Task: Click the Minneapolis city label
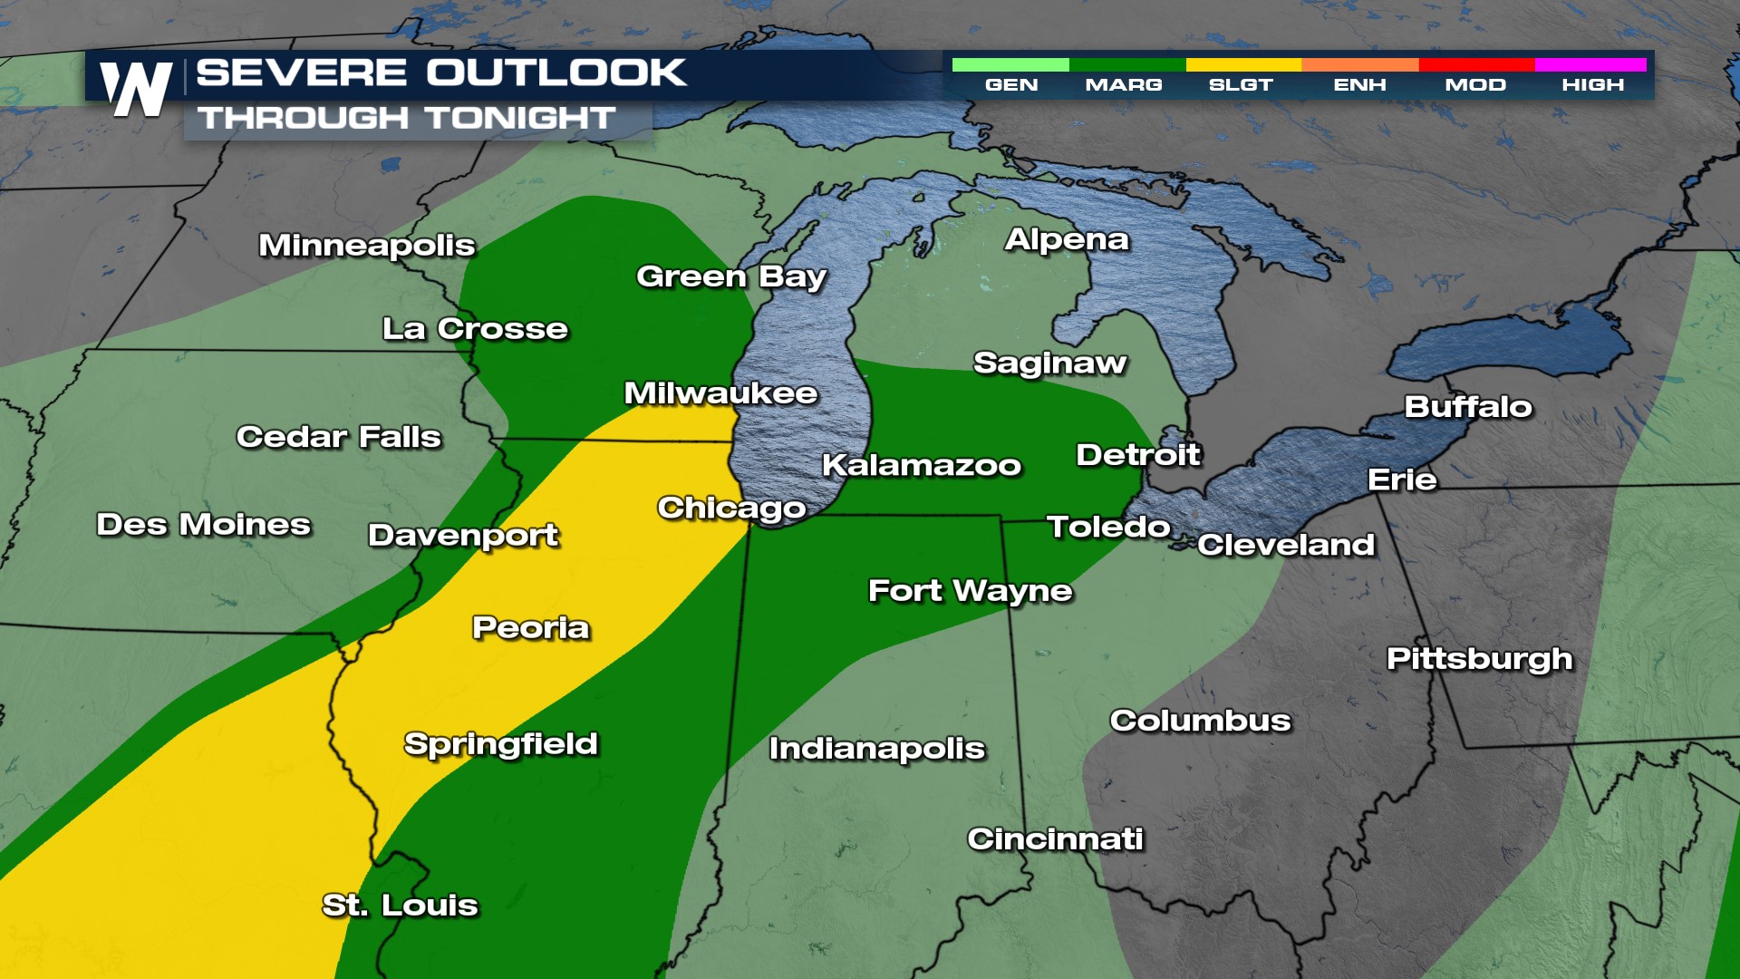366,246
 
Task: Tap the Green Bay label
730,276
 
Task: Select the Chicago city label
731,509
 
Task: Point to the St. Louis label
400,905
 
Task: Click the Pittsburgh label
1479,659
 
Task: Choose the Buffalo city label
1468,407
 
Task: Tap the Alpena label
1067,239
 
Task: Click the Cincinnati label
1055,839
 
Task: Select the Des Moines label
203,524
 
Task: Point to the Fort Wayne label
970,591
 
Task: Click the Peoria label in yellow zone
530,627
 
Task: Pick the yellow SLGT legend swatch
1243,64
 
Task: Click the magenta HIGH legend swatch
1590,64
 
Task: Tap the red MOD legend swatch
1475,64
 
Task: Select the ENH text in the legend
1359,85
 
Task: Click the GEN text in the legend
1011,85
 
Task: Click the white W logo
136,89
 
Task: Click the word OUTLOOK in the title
556,73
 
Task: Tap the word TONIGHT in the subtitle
520,118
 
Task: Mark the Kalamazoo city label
921,465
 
